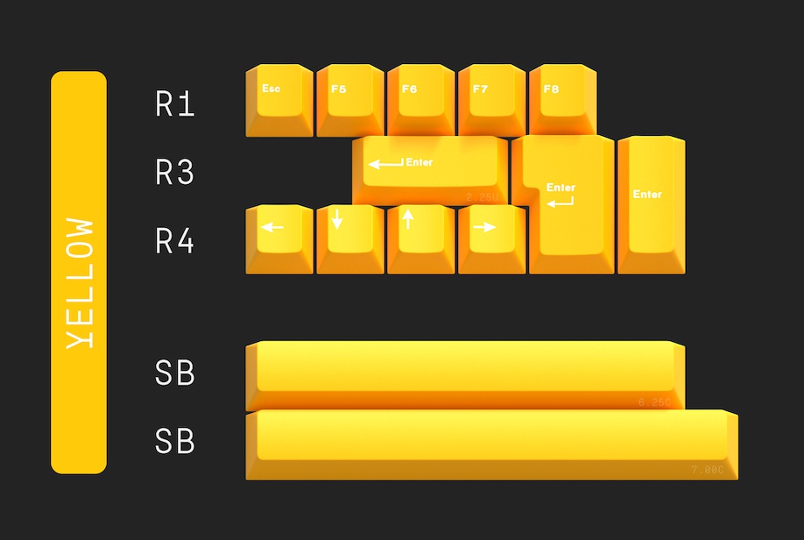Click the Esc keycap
(279, 99)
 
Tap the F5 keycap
(349, 99)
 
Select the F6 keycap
(420, 99)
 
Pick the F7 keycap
(491, 99)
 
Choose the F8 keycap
(562, 99)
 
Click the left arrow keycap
(279, 238)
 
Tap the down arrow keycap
(349, 238)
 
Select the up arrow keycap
(420, 238)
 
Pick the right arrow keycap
(491, 238)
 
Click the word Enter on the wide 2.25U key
(420, 162)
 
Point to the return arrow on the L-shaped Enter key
(560, 202)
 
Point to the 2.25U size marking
(482, 196)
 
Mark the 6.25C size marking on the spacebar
(654, 402)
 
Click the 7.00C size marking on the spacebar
(708, 470)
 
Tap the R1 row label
(174, 105)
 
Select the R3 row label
(174, 173)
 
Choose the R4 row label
(174, 240)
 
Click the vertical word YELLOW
(80, 282)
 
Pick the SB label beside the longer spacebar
(174, 441)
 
